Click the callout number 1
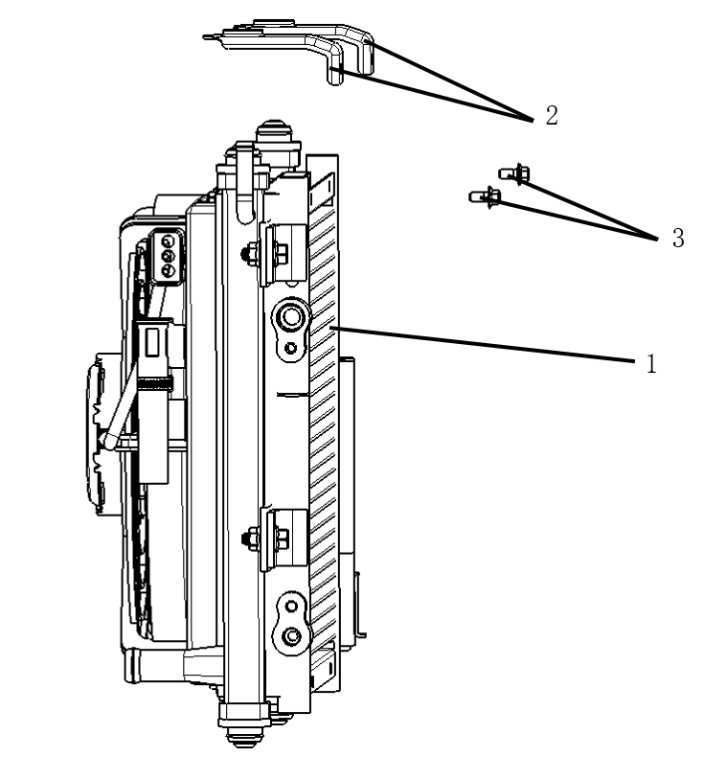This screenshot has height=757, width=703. coord(651,363)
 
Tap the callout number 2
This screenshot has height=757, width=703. coord(552,115)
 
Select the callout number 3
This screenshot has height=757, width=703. coord(678,238)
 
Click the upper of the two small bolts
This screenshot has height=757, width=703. coord(514,172)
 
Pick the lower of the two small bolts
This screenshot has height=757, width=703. coord(485,196)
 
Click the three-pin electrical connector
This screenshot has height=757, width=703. coord(167,256)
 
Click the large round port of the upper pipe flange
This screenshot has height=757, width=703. coord(291,317)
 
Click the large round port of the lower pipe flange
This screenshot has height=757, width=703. coord(291,635)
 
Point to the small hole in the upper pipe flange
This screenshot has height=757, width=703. coord(290,347)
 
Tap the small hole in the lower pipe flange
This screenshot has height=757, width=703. coord(291,606)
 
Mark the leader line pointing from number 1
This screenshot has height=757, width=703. coord(483,344)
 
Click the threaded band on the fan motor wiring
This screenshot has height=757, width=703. coord(154,384)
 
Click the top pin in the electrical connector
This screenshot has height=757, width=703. coord(168,240)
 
